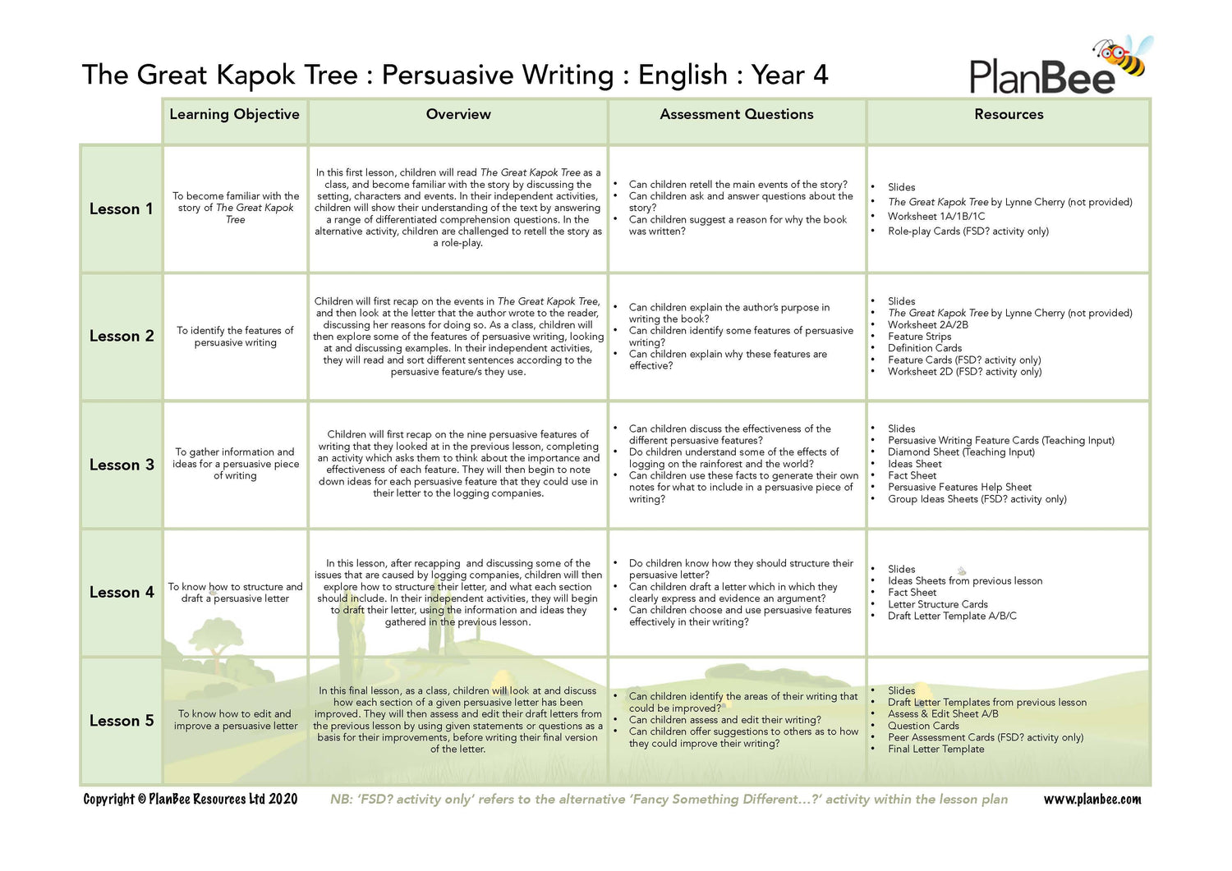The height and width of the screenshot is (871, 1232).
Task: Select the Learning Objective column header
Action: pos(234,114)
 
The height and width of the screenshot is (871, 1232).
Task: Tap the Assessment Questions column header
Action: pos(736,114)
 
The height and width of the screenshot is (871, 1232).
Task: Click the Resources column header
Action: pos(1009,114)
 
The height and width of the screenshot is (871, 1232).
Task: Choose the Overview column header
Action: pos(458,114)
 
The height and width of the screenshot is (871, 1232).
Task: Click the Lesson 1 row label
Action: pos(122,209)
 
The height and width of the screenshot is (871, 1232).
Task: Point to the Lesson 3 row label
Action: pos(122,465)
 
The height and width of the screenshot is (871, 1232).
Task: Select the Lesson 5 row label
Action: pos(122,721)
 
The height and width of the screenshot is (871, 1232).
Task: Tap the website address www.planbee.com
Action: pos(1092,799)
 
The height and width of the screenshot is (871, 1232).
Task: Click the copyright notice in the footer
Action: pos(191,799)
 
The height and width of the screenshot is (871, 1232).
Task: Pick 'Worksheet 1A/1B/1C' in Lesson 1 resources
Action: pos(936,217)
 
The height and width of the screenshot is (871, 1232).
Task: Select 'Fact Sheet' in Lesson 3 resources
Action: pos(912,475)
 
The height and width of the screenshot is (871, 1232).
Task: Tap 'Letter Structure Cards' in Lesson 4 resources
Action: pos(938,604)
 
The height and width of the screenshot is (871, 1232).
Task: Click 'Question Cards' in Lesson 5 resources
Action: pos(923,726)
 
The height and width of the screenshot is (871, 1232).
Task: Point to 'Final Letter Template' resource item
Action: pos(935,749)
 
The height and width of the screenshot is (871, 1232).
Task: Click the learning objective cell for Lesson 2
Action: pos(235,337)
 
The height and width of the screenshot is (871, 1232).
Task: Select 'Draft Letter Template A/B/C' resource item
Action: pos(952,616)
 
